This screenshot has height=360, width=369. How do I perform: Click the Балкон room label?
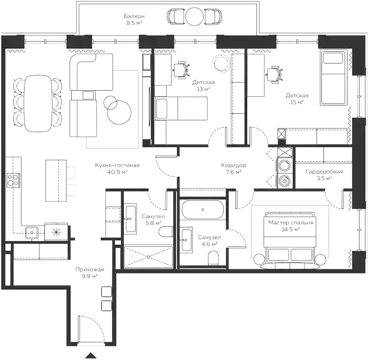(134, 16)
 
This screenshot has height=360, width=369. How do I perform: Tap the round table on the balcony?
(194, 16)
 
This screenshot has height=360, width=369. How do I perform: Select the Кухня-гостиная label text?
(117, 165)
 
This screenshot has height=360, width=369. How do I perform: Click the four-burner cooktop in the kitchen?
(13, 180)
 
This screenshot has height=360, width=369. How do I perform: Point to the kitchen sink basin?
(32, 233)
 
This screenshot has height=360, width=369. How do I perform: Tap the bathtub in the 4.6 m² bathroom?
(202, 209)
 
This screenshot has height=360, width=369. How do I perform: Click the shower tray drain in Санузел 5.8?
(148, 257)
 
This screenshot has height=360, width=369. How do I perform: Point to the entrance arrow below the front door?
(91, 355)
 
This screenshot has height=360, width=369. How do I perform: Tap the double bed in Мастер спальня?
(290, 240)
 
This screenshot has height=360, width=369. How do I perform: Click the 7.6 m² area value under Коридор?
(234, 172)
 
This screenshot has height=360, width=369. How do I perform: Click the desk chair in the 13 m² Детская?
(181, 70)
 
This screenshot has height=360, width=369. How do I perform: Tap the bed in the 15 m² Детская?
(334, 77)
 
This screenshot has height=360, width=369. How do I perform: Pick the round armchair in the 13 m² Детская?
(221, 62)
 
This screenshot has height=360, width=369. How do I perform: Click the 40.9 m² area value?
(117, 172)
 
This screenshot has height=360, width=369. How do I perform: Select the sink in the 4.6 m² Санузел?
(186, 240)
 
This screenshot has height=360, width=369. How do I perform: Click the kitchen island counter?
(56, 180)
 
